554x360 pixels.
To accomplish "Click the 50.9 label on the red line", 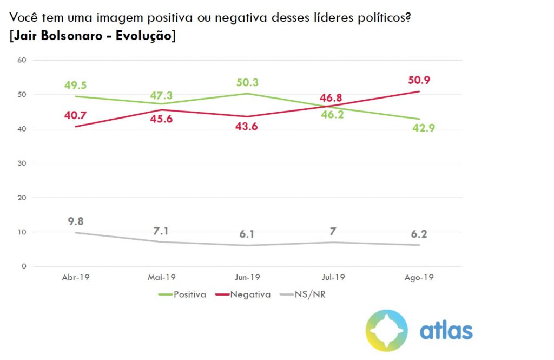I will (x=419, y=81).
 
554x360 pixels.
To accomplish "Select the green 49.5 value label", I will (x=75, y=85).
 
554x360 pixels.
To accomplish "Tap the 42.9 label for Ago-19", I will (x=419, y=128).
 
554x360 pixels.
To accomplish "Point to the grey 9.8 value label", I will (x=75, y=221).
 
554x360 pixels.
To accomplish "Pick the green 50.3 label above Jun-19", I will (x=248, y=82).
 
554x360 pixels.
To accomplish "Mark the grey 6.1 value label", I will (x=248, y=234).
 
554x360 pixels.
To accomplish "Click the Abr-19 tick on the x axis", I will (x=75, y=277).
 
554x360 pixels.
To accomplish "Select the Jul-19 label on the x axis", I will (x=333, y=277).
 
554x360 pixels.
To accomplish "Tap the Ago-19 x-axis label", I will (x=419, y=277).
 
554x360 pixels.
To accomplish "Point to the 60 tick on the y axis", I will (x=22, y=60).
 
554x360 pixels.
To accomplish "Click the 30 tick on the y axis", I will (x=22, y=163).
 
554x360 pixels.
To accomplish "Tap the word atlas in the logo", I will (x=446, y=330).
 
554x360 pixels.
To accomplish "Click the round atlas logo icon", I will (x=386, y=330).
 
